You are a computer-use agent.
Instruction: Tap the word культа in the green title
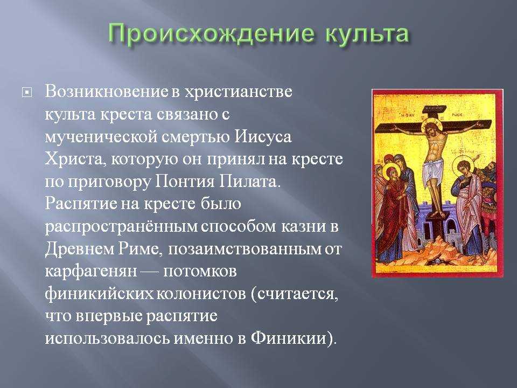[x=367, y=33]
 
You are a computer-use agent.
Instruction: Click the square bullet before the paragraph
[x=27, y=93]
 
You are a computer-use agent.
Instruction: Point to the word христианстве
[x=238, y=92]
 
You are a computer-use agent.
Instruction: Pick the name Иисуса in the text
[x=263, y=137]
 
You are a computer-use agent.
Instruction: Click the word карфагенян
[x=90, y=272]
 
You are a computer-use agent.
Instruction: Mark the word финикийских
[x=99, y=294]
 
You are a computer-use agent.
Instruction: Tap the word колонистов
[x=200, y=294]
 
